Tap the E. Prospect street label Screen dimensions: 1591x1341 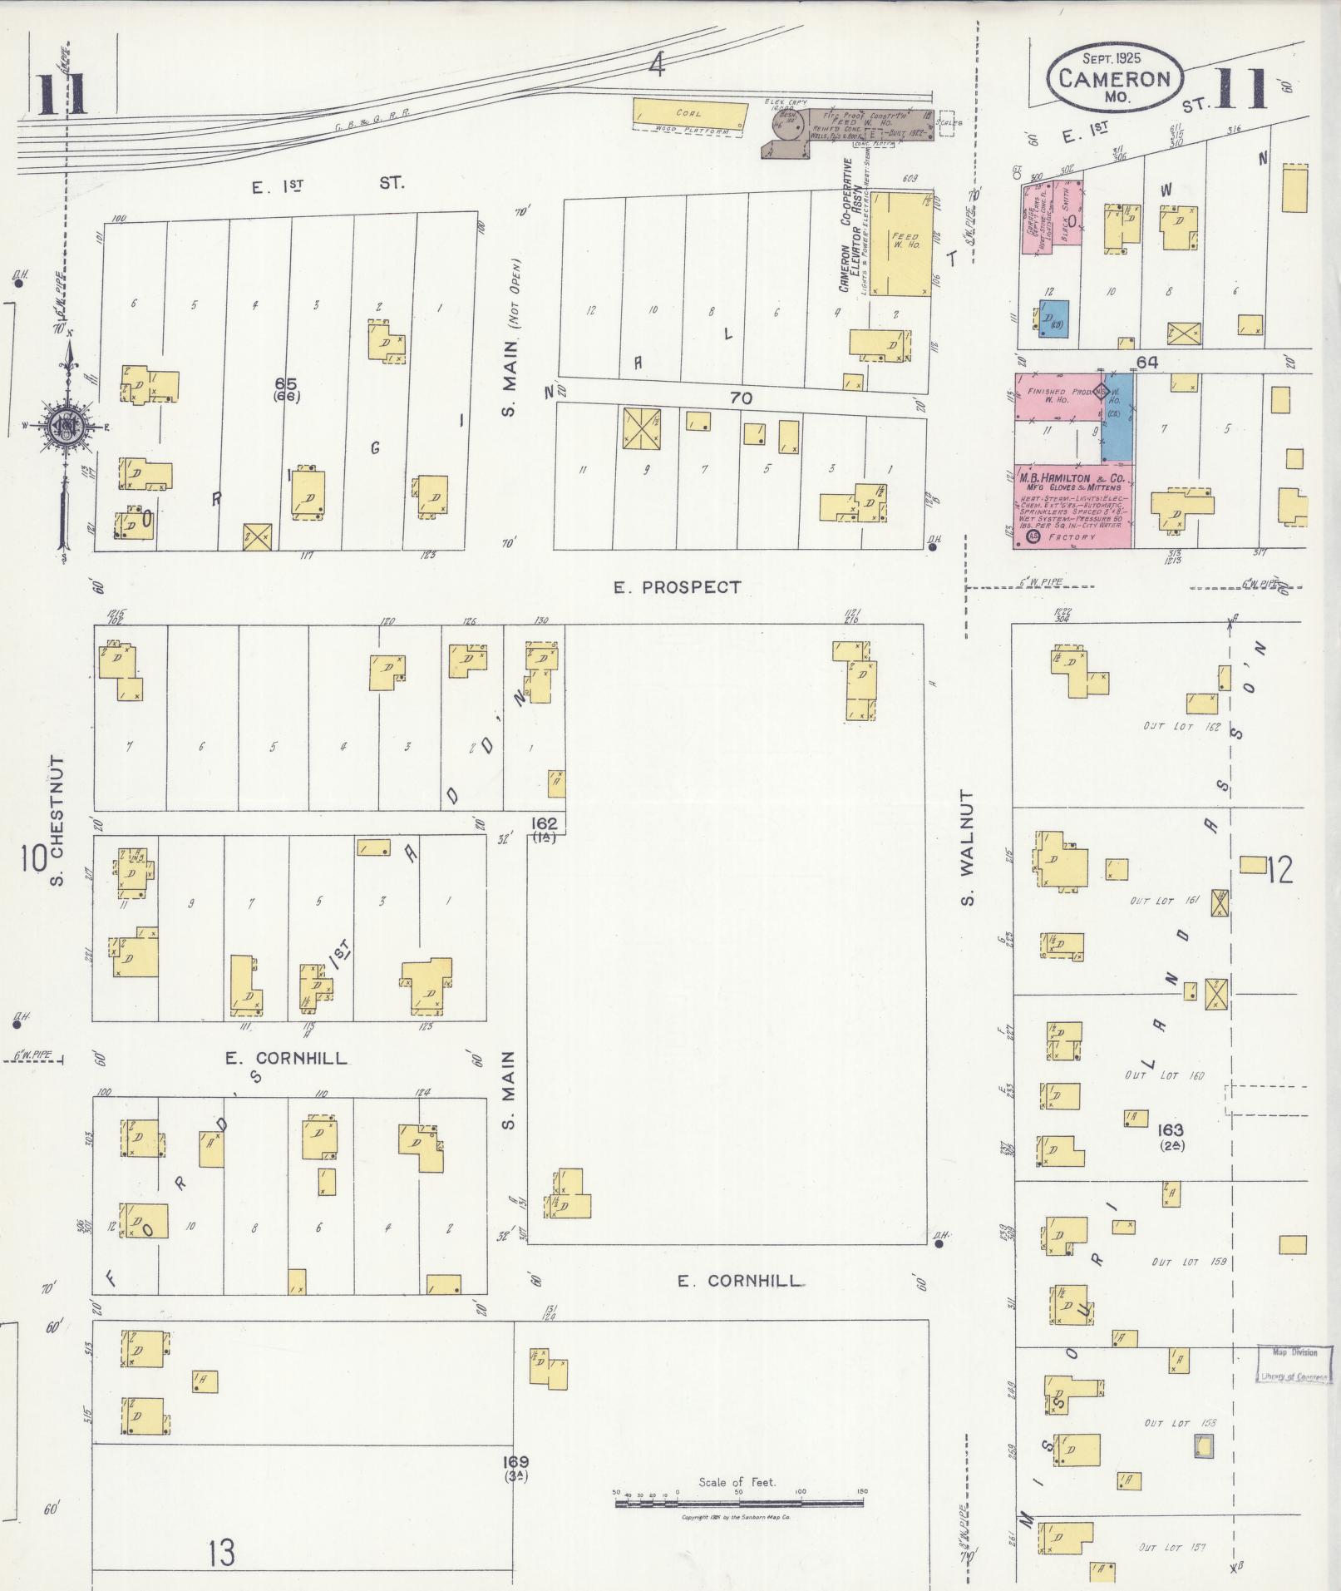[x=677, y=587]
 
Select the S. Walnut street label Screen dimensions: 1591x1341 [x=966, y=847]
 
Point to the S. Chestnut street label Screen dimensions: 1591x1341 [x=57, y=820]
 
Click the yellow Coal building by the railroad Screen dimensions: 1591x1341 [x=687, y=113]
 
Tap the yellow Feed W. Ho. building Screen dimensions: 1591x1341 [x=900, y=243]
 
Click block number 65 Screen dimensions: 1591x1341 [x=286, y=383]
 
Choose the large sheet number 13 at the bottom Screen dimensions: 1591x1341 [x=221, y=1552]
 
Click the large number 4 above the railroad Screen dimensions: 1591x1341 [x=657, y=65]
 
